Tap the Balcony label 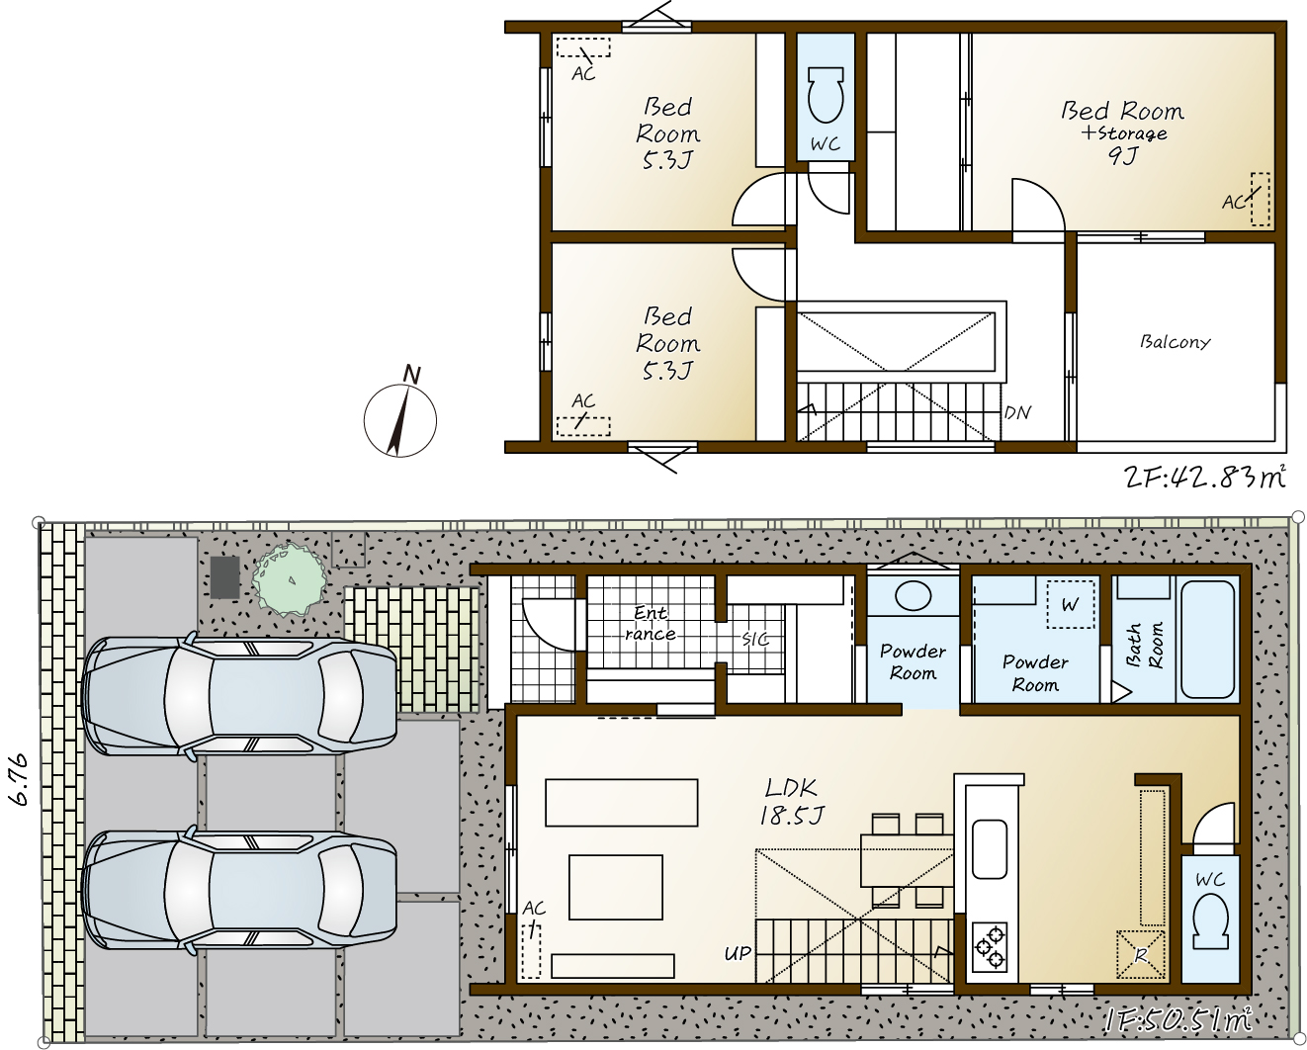coord(1175,342)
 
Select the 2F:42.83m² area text coord(1204,478)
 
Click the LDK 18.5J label coord(791,802)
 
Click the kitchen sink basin coord(990,848)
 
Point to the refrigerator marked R coord(1141,955)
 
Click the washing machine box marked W coord(1070,604)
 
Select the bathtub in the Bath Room coord(1207,640)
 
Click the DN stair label coord(1018,413)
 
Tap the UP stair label coord(738,954)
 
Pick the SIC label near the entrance coord(755,639)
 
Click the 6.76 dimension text coord(20,780)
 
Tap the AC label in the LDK coord(534,909)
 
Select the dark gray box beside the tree coord(224,577)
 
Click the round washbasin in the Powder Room coord(914,596)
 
